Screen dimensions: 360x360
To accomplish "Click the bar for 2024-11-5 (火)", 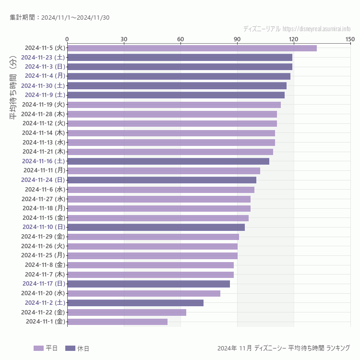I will pyautogui.click(x=192, y=48).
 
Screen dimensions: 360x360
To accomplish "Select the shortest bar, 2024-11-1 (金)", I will pyautogui.click(x=118, y=322).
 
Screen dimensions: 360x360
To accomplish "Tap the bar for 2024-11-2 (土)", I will pyautogui.click(x=135, y=303).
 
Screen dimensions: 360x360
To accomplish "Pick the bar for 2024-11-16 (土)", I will pyautogui.click(x=168, y=161).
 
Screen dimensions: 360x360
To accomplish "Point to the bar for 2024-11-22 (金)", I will pyautogui.click(x=127, y=312).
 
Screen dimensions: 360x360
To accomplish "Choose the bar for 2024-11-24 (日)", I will pyautogui.click(x=162, y=180).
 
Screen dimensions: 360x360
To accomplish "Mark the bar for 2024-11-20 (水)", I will pyautogui.click(x=144, y=293).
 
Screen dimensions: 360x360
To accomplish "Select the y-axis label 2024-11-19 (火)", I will pyautogui.click(x=44, y=104).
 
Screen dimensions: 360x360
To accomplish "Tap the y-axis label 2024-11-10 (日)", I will pyautogui.click(x=44, y=227).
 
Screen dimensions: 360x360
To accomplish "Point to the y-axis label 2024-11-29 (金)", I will pyautogui.click(x=44, y=237).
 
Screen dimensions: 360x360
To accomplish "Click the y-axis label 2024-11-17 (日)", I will pyautogui.click(x=44, y=284).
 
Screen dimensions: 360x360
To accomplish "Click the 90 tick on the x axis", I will pyautogui.click(x=237, y=39).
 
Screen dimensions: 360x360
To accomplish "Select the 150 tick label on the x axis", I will pyautogui.click(x=350, y=39).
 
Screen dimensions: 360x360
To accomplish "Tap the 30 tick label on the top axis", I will pyautogui.click(x=124, y=39).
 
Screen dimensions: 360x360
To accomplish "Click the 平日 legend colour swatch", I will pyautogui.click(x=38, y=348).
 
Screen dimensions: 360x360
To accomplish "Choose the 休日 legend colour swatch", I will pyautogui.click(x=70, y=348).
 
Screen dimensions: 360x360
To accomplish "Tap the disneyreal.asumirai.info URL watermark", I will pyautogui.click(x=317, y=29).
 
